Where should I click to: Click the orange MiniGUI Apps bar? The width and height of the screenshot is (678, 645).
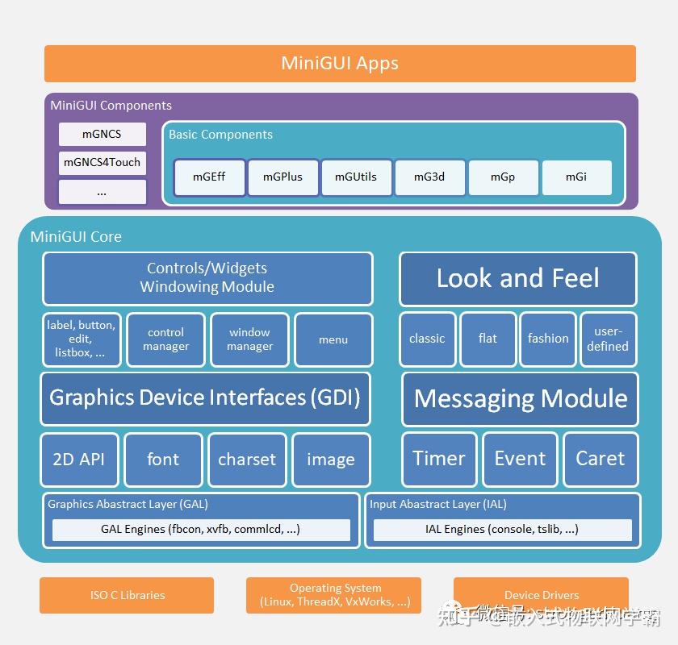click(x=340, y=64)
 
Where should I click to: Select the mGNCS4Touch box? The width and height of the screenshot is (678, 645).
click(x=103, y=162)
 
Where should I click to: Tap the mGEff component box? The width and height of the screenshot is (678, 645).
click(x=209, y=177)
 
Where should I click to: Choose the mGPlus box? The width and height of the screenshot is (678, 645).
click(x=282, y=177)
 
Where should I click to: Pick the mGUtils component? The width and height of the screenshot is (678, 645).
click(x=356, y=177)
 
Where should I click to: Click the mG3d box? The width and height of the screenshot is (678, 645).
click(x=429, y=177)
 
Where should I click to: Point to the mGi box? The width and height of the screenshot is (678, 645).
click(x=576, y=177)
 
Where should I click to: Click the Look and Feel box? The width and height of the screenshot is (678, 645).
click(x=517, y=279)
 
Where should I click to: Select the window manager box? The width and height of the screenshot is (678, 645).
click(x=249, y=339)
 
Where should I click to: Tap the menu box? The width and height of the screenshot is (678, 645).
click(x=333, y=339)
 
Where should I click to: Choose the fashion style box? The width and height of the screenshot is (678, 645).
click(x=548, y=339)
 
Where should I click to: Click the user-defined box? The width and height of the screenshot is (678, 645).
click(x=608, y=339)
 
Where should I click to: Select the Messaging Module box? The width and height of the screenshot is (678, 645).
click(x=520, y=398)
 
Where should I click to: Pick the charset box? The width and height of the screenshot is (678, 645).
click(x=247, y=460)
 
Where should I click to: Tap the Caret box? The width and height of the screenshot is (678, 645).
click(x=600, y=460)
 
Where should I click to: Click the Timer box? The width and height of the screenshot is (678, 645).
click(x=439, y=460)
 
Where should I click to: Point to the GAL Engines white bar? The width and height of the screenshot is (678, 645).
click(x=201, y=530)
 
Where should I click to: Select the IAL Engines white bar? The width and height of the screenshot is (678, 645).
click(x=502, y=530)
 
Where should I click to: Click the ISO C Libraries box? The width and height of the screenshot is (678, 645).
click(x=127, y=595)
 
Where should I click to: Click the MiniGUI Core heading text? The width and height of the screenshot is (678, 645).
click(x=76, y=237)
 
